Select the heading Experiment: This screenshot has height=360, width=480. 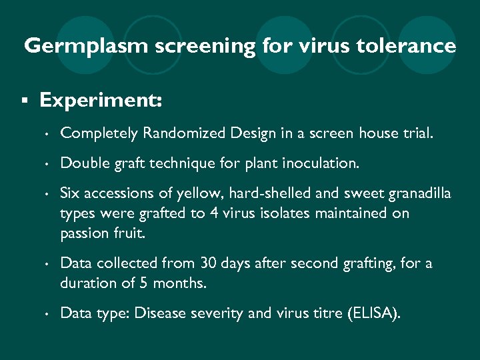(100, 101)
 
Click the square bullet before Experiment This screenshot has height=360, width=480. (24, 101)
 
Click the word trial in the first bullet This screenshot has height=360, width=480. (417, 133)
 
